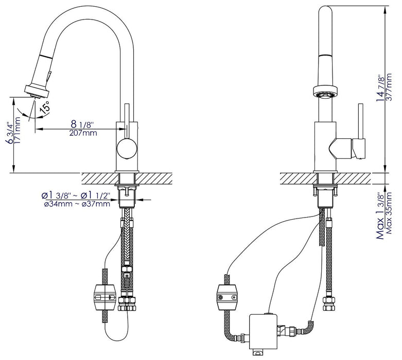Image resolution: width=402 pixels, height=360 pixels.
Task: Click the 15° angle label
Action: tap(45, 107)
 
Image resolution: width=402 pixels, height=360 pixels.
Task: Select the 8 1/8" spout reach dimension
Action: tap(82, 124)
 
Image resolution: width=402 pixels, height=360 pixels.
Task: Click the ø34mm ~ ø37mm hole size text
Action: tap(76, 205)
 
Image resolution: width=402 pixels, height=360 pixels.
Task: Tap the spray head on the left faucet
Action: tap(38, 89)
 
